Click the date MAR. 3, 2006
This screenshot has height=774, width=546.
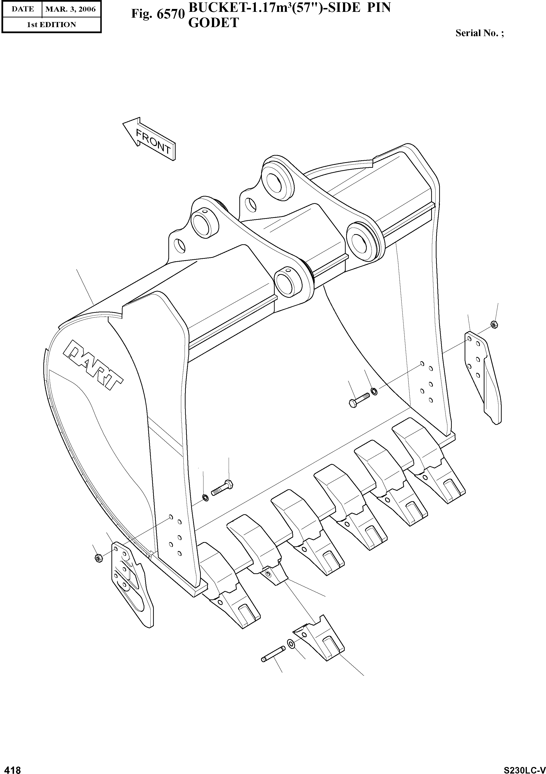tap(70, 9)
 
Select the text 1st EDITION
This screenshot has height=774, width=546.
tap(51, 25)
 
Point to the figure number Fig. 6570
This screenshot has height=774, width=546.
tap(158, 14)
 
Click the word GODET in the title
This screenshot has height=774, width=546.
tap(213, 23)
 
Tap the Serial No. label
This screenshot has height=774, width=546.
tap(479, 33)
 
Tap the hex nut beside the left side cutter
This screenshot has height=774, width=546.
tap(98, 559)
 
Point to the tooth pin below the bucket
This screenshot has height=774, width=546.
tap(273, 654)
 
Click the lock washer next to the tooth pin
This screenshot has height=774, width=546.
tap(290, 644)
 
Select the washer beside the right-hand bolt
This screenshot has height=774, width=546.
tap(374, 391)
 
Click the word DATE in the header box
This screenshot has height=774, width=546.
tap(23, 9)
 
